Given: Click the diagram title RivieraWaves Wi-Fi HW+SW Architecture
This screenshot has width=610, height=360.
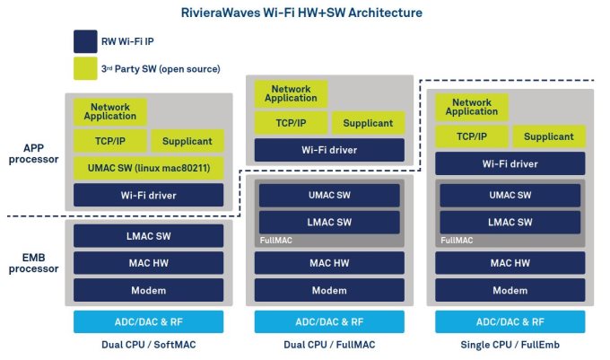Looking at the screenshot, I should click(x=304, y=13).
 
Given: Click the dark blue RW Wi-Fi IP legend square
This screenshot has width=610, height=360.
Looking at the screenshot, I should click(x=86, y=42).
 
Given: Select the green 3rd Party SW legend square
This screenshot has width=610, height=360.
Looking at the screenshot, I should click(x=86, y=69).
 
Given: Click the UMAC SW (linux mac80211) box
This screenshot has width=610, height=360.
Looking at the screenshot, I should click(x=148, y=168).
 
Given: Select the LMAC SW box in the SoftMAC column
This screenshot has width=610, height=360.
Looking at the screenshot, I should click(x=148, y=235).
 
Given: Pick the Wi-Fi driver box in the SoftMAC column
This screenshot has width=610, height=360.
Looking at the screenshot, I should click(x=148, y=195).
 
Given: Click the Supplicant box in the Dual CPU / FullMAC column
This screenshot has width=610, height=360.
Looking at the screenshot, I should click(x=368, y=123).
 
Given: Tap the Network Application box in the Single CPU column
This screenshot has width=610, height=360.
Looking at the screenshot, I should click(x=472, y=107).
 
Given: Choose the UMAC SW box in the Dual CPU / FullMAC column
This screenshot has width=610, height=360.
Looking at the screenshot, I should click(x=329, y=195).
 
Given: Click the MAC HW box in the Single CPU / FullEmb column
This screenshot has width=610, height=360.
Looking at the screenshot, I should click(x=510, y=262).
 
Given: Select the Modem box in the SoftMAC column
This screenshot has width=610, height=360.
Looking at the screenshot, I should click(x=148, y=289).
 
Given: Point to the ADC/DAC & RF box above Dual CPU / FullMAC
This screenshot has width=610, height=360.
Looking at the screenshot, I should click(x=329, y=321).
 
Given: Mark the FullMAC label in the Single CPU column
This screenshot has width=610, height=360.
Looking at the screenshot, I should click(x=456, y=241).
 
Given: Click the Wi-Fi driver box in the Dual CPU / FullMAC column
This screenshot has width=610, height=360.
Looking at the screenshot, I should click(x=329, y=149).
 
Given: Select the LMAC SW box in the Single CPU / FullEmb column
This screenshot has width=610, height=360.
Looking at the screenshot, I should click(x=510, y=221).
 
